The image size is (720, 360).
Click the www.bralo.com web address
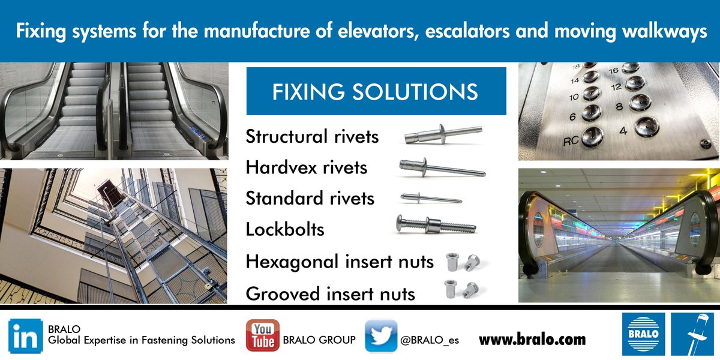pyautogui.click(x=532, y=340)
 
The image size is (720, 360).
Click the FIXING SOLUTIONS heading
pyautogui.click(x=376, y=92)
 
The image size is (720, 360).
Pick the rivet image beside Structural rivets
pyautogui.click(x=443, y=133)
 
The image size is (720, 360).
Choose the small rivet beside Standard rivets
pyautogui.click(x=431, y=197)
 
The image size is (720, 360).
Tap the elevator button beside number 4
pyautogui.click(x=646, y=127)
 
